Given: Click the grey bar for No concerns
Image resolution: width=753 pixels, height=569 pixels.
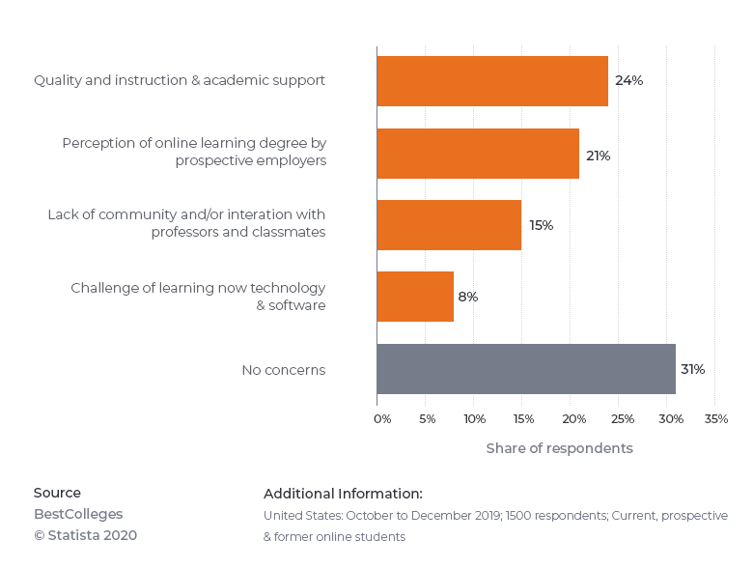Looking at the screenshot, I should click(x=526, y=369).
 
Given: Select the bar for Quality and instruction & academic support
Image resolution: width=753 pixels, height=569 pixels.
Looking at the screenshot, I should click(x=492, y=81).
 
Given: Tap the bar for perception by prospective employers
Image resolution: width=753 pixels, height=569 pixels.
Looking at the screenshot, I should click(x=478, y=154).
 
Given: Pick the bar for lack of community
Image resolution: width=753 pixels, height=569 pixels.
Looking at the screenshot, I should click(x=449, y=225).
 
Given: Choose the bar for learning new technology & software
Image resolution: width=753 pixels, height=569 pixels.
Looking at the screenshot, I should click(x=415, y=297).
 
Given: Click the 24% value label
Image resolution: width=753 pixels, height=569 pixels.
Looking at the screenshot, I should click(x=628, y=81).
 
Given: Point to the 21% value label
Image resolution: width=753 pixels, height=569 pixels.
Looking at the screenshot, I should click(x=598, y=156).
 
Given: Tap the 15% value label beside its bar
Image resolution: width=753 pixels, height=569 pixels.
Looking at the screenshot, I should click(x=541, y=226).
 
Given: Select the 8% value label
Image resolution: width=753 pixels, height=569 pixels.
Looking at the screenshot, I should click(x=468, y=298).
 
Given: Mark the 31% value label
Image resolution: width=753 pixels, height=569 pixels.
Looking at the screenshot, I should click(x=692, y=370).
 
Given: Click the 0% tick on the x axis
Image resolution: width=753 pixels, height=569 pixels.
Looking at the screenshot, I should click(x=382, y=419).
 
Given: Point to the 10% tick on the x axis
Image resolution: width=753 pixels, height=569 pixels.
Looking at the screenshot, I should click(x=474, y=419).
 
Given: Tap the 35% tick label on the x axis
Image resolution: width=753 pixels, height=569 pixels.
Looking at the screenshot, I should click(x=716, y=419).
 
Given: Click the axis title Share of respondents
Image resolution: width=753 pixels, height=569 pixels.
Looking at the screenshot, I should click(x=559, y=449).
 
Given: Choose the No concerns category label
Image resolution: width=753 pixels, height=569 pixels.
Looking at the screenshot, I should click(x=283, y=370).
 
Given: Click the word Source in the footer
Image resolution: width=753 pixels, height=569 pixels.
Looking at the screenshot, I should click(x=57, y=493).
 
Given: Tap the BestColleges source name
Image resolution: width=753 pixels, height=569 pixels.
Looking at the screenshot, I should click(x=78, y=514).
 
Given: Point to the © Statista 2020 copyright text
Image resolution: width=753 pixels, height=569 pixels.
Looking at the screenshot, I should click(x=85, y=535).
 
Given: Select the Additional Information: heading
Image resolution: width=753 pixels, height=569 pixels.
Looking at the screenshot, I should click(x=343, y=494).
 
